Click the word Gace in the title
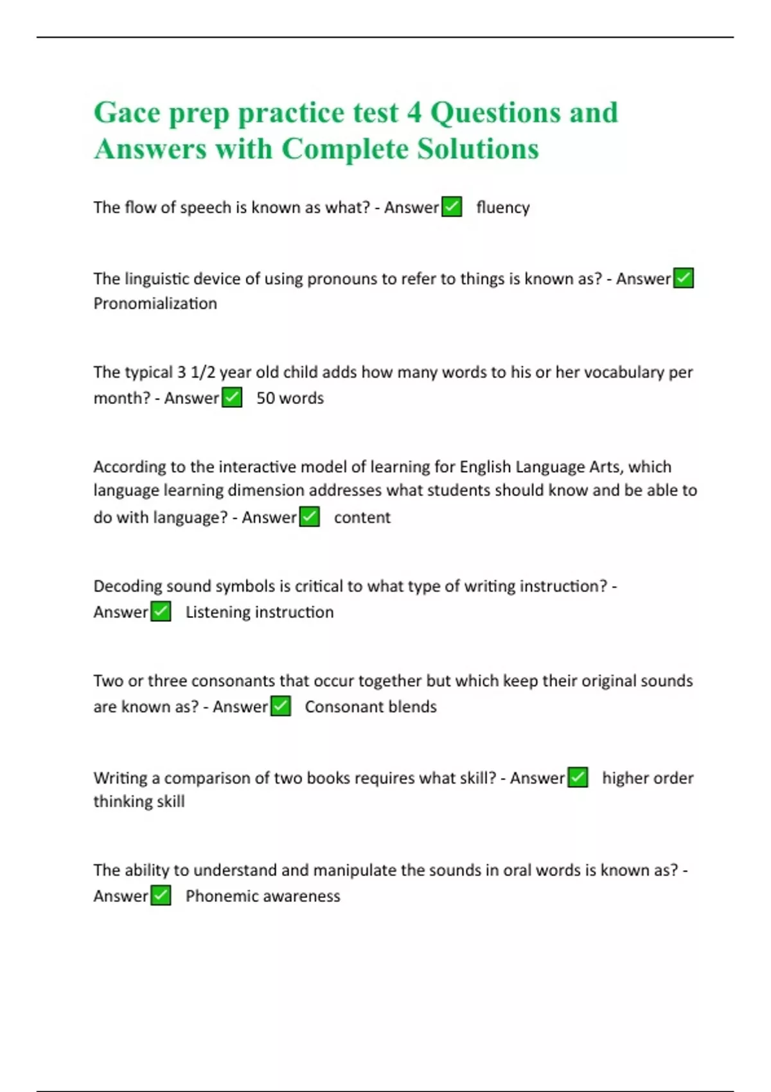127,113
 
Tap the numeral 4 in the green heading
414,113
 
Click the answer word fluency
503,207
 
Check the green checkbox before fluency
452,207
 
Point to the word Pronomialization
155,303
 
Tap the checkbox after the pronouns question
683,278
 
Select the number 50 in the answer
265,398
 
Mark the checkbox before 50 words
232,398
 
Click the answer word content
362,518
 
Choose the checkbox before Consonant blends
281,707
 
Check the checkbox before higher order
578,777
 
